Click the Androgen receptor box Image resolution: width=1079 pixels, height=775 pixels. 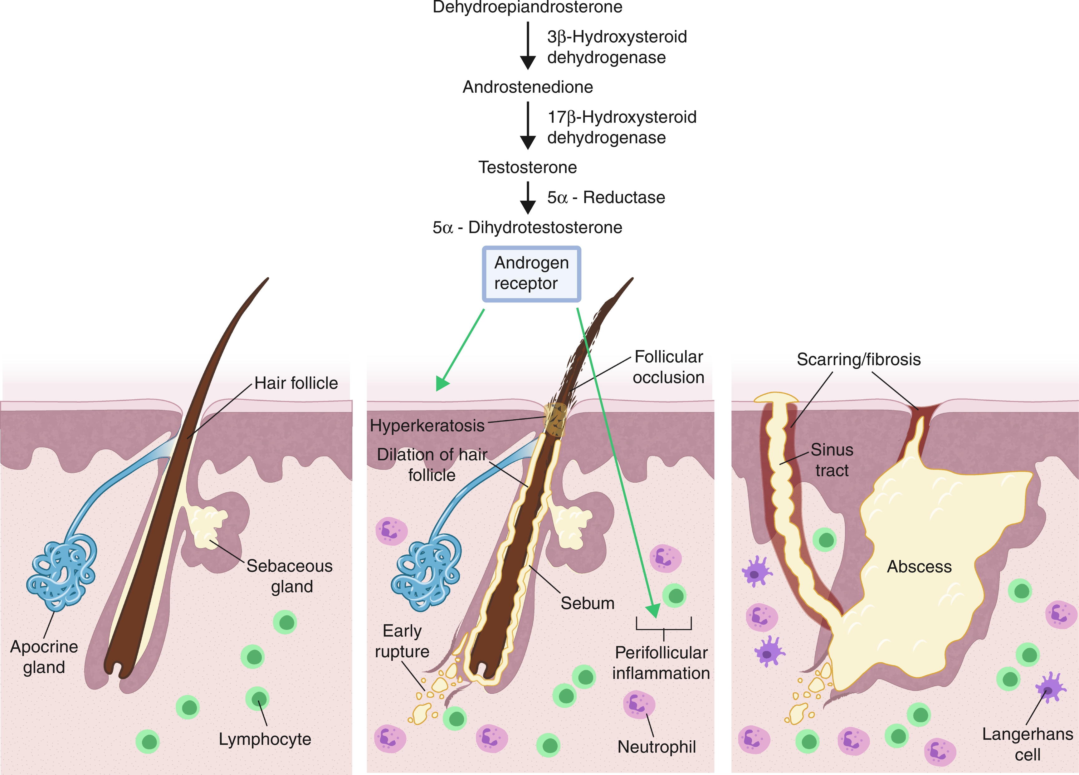tap(531, 274)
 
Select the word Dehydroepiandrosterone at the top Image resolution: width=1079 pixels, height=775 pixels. tap(527, 7)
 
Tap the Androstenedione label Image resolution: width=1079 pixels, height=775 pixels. tap(528, 87)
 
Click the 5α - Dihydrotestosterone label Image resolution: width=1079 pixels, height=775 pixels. tap(527, 227)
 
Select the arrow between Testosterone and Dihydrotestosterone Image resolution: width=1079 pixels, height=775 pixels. tap(528, 198)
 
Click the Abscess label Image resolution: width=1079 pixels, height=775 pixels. tap(919, 567)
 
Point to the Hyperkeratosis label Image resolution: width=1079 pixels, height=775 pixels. tap(427, 425)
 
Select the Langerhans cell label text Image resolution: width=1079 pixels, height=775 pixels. tap(1028, 744)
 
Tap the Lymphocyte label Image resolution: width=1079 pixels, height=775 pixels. tap(265, 739)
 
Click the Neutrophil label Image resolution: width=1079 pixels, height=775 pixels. tap(657, 747)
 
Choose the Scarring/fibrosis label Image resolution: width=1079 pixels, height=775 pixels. tap(859, 359)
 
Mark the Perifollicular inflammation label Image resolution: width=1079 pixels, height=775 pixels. tap(661, 663)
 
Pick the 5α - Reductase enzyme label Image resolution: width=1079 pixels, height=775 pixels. tap(606, 197)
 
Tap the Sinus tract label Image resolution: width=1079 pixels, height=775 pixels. tap(832, 460)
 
